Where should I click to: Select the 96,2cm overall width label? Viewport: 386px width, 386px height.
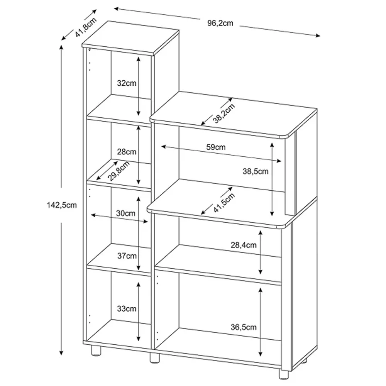tap(220, 23)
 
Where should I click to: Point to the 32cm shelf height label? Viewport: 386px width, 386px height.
tap(127, 83)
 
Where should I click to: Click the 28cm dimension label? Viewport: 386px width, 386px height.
tap(127, 152)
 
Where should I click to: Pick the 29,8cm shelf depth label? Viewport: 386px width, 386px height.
tap(119, 171)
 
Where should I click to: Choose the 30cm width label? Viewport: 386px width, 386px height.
tap(125, 213)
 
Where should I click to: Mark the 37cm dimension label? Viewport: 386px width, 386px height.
tap(127, 256)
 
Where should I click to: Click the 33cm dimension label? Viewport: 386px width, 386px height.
tap(127, 308)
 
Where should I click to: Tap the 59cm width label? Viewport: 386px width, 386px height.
tap(215, 147)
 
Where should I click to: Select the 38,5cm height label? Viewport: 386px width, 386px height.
tap(255, 172)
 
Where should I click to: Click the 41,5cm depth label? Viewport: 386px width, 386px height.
tap(224, 203)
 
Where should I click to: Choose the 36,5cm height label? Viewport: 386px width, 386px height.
tap(244, 327)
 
